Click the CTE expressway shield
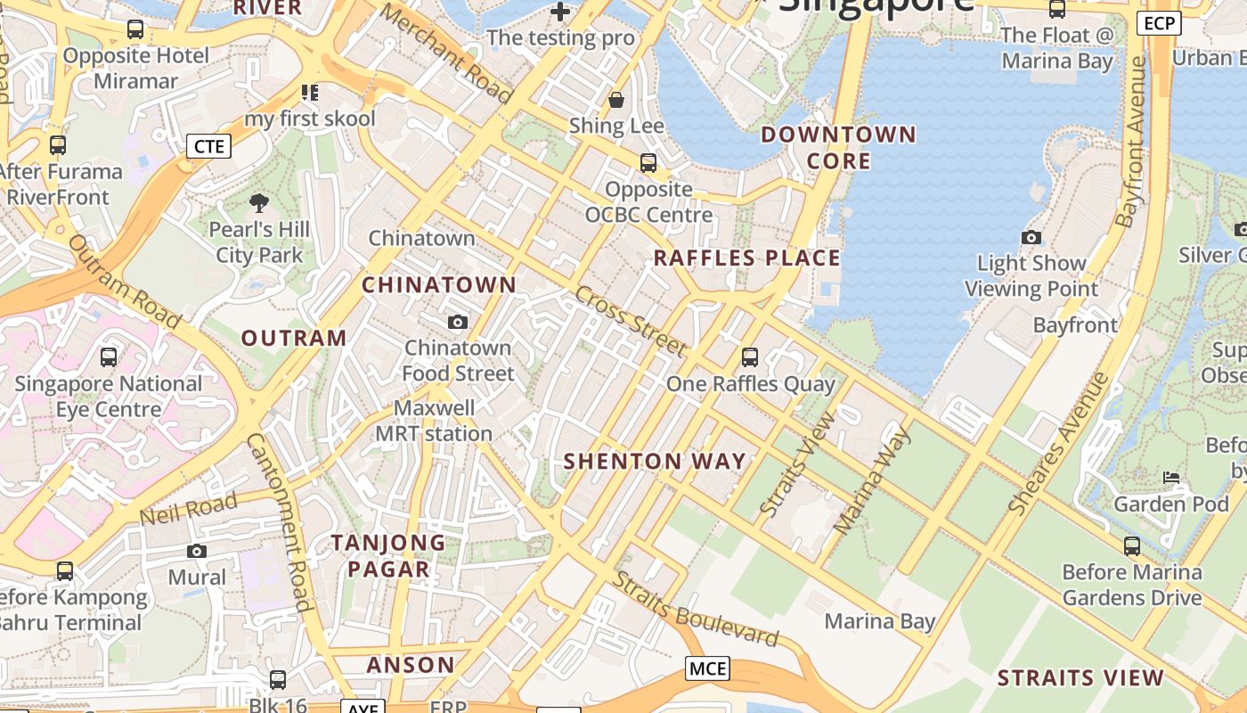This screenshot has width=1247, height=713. pos(208,146)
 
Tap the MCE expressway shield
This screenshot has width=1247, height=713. pos(708,668)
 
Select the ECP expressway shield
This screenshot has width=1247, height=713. pos(1159,24)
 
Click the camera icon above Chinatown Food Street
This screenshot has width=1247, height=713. pos(458,322)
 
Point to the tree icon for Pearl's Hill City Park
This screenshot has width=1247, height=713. pos(259,203)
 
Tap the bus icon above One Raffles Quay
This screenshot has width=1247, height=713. pos(750,357)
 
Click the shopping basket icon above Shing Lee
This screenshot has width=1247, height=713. pos(616,99)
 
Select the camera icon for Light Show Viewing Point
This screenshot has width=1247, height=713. pos(1031,237)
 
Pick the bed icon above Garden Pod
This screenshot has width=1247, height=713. pos(1171,478)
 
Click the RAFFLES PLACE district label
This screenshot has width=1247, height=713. pos(746,258)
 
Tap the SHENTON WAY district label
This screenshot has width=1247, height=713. pos(655,461)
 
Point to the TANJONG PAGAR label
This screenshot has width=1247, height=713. pos(388,555)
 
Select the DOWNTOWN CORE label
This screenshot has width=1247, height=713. pos(838,148)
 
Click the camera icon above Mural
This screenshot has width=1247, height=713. pos(197,551)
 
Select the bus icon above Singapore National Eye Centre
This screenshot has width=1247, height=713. pos(109,357)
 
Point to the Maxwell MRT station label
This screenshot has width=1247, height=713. pos(434,421)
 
